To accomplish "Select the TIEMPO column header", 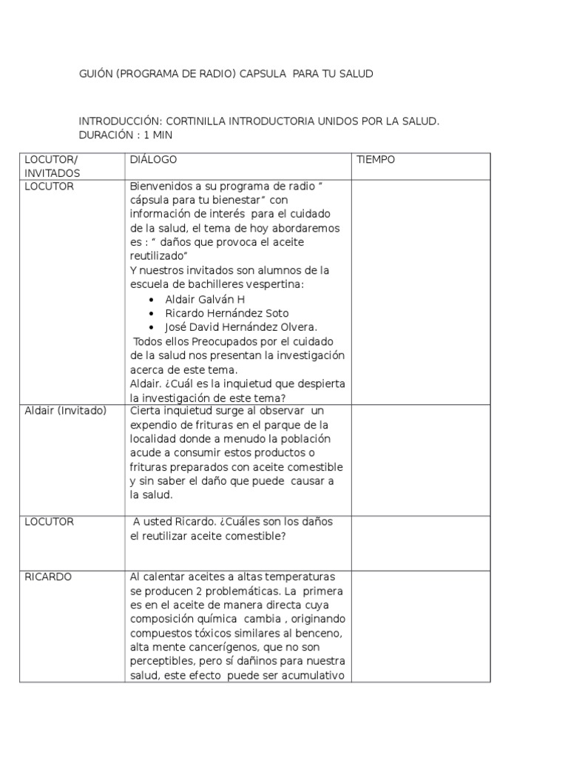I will coord(376,160).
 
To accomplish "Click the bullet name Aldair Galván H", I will coord(205,299).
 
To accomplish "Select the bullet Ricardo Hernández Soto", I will coord(227,313).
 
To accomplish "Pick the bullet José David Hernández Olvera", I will coord(241,327).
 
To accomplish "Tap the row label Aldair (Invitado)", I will coord(66,411).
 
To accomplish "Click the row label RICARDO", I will coord(49,577).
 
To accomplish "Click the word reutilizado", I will coord(158,256).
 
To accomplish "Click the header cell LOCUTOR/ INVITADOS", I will coord(52,167).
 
